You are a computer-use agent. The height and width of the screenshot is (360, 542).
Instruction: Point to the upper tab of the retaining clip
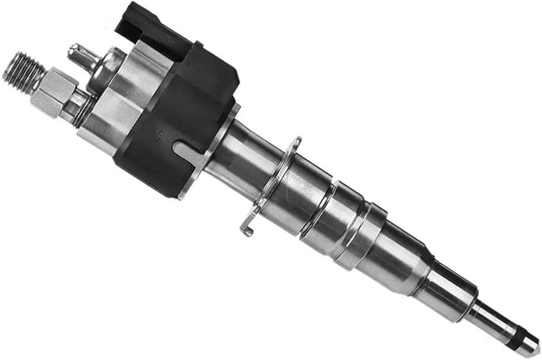pyautogui.click(x=297, y=143)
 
